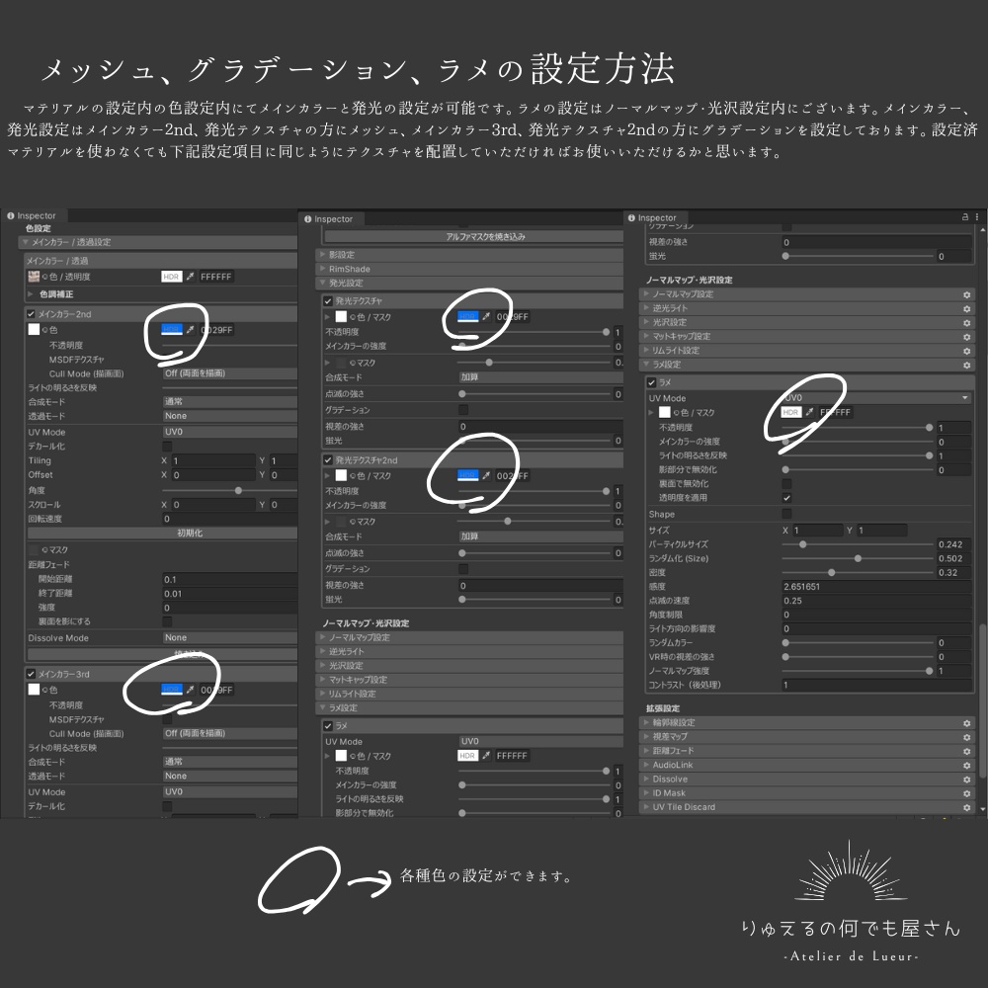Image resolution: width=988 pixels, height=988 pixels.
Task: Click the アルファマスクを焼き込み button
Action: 472,237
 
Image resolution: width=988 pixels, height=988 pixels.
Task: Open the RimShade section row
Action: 351,269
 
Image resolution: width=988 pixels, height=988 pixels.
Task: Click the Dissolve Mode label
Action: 58,638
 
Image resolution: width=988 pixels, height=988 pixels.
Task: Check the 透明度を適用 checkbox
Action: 787,498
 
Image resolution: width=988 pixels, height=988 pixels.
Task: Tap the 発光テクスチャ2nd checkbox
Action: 328,460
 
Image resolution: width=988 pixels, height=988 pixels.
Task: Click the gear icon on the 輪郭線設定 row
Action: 967,722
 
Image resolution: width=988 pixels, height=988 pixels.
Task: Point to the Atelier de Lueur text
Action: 851,956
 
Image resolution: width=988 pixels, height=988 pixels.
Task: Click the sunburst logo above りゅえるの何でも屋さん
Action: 851,873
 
